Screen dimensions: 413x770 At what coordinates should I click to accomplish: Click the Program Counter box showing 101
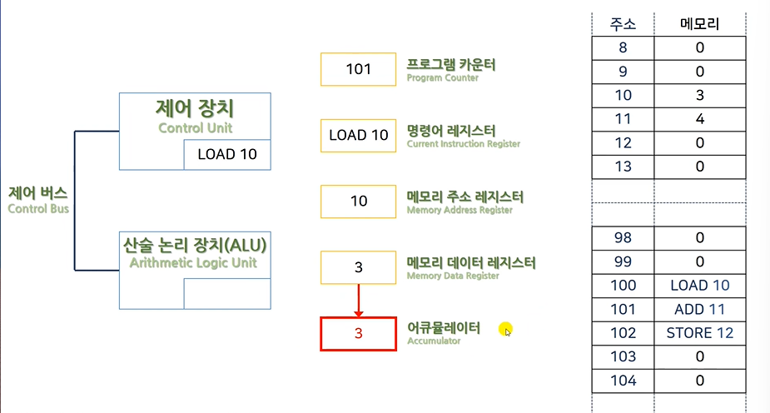[x=359, y=69]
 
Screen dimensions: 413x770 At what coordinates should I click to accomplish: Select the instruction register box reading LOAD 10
[x=359, y=135]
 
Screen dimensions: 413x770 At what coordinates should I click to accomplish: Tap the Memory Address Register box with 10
[x=359, y=202]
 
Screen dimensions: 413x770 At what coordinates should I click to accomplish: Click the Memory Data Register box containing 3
[x=359, y=267]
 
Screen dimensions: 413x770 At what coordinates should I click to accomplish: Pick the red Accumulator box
[x=359, y=334]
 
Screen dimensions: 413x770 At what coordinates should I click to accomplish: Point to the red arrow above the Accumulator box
[x=359, y=300]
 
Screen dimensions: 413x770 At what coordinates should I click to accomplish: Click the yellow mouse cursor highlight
[x=505, y=330]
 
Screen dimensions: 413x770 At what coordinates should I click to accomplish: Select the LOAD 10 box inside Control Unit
[x=227, y=154]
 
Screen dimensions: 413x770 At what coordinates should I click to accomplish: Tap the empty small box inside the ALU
[x=226, y=294]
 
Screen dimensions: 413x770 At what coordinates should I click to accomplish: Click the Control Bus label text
[x=38, y=200]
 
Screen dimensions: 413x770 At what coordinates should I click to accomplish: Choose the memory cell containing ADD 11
[x=700, y=310]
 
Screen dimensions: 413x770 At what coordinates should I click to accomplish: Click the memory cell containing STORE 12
[x=700, y=333]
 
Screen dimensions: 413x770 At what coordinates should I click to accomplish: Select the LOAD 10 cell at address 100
[x=700, y=286]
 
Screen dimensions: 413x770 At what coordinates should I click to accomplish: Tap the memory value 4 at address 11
[x=700, y=119]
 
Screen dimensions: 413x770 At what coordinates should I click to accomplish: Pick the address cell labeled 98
[x=623, y=238]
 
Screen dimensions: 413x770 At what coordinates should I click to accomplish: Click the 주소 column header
[x=623, y=24]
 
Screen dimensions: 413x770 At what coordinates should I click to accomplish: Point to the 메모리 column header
[x=700, y=24]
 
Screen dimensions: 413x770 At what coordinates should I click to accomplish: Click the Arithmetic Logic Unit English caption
[x=193, y=263]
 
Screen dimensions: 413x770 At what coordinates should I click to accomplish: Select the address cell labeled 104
[x=623, y=381]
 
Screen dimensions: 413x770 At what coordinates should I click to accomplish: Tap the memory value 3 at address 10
[x=700, y=95]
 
